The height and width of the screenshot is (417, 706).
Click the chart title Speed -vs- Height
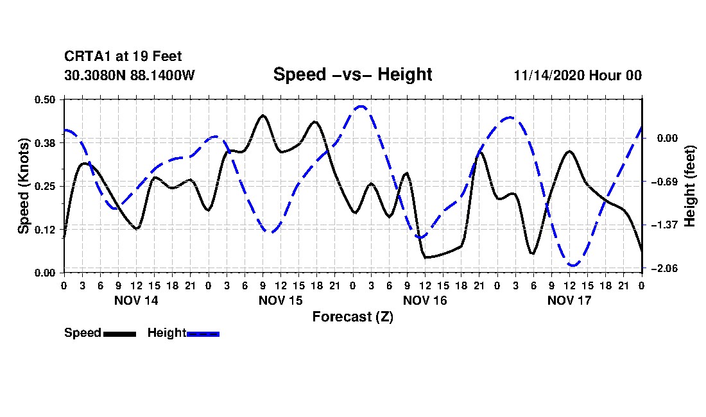click(x=352, y=74)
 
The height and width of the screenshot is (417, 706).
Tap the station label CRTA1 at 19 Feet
click(x=123, y=56)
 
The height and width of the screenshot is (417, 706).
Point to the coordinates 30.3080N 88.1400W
click(x=129, y=75)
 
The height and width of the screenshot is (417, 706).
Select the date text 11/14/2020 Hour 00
click(x=578, y=75)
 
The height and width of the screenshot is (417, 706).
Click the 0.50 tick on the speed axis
click(x=46, y=99)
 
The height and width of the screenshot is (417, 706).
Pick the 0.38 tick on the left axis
click(x=46, y=142)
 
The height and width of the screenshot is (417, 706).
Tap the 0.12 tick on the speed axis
click(x=46, y=229)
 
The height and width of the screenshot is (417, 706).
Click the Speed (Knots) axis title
click(x=24, y=186)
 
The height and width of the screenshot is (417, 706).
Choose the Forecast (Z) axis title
click(x=352, y=316)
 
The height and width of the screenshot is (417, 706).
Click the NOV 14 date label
click(x=136, y=300)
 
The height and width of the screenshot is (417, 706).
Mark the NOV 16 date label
click(x=425, y=300)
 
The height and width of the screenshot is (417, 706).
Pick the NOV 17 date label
click(x=569, y=300)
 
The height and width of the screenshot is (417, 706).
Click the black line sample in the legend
click(x=119, y=334)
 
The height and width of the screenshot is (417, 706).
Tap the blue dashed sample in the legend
click(x=203, y=334)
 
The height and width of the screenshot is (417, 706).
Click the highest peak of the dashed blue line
click(x=361, y=106)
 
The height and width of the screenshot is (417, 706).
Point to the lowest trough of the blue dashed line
click(x=573, y=265)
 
